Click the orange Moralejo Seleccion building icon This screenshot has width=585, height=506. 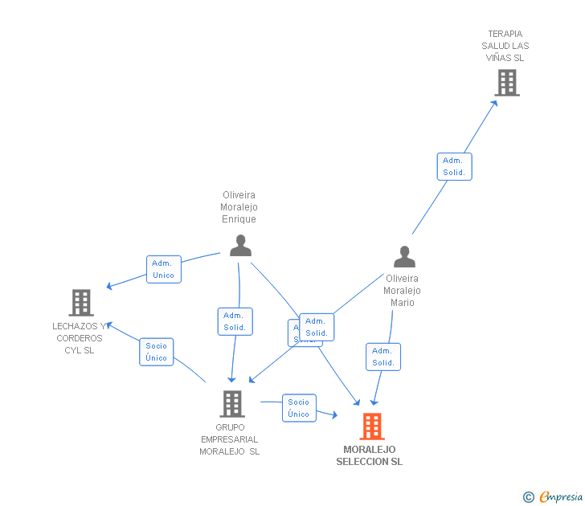pos(371,426)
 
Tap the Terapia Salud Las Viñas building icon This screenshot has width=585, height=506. pos(506,82)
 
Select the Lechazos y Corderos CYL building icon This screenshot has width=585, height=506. pos(81,303)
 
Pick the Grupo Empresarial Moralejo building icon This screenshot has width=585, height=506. pos(231,403)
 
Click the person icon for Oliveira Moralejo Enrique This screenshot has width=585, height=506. pos(240,246)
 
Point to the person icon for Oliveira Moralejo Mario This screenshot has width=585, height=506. pos(404,257)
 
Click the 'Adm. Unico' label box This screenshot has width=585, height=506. pos(163,269)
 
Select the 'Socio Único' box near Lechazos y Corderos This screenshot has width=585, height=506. pos(157,352)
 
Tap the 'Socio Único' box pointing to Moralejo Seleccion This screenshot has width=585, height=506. pos(298,408)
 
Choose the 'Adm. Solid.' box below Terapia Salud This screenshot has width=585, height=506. pos(454,166)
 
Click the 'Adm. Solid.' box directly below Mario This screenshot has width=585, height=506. pos(382,357)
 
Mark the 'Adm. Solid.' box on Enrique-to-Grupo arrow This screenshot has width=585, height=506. pos(235,321)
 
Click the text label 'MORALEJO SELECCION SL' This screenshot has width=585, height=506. pos(370,455)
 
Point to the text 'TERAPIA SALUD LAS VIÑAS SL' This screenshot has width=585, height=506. pos(505,46)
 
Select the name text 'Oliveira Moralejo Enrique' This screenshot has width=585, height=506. pos(239,207)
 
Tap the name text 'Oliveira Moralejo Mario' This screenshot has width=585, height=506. pos(402,291)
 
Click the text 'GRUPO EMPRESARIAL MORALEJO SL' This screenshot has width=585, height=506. pos(230,439)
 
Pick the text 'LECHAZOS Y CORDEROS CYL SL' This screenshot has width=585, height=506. pos(80,338)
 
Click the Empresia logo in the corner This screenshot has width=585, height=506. pos(561,496)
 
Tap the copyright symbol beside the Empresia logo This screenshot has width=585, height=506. pos(528,497)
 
